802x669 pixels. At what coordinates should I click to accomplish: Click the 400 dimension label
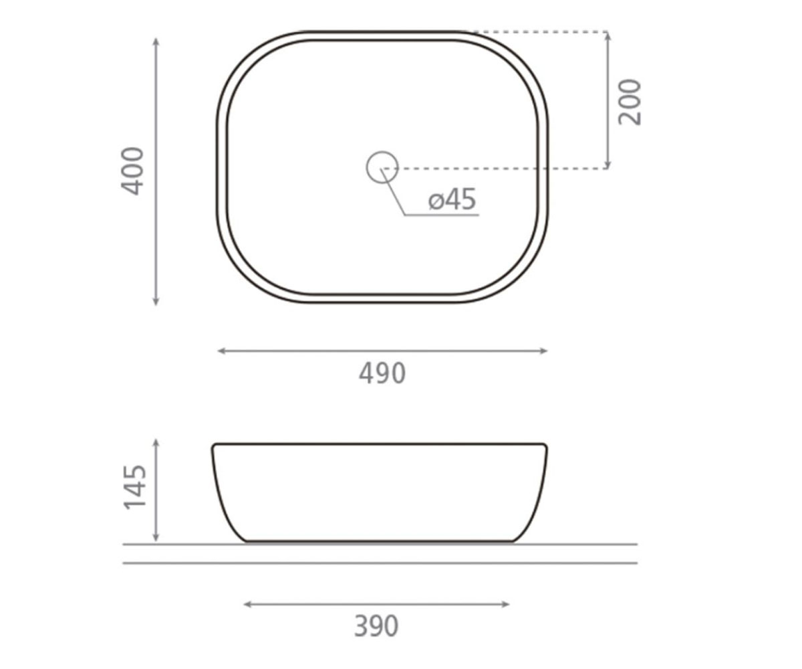[132, 171]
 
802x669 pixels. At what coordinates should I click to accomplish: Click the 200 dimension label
[630, 102]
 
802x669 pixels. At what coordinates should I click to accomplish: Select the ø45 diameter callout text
[452, 199]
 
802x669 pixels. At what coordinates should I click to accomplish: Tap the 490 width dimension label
[382, 373]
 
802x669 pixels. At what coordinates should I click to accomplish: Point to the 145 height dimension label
[134, 488]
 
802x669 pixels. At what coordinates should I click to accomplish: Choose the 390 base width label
[376, 626]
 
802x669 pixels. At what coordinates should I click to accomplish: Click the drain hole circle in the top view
[382, 152]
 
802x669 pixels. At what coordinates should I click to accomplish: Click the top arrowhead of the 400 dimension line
[156, 41]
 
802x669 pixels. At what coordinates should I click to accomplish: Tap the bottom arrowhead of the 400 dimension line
[156, 302]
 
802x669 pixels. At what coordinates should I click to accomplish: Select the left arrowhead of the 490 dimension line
[222, 351]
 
